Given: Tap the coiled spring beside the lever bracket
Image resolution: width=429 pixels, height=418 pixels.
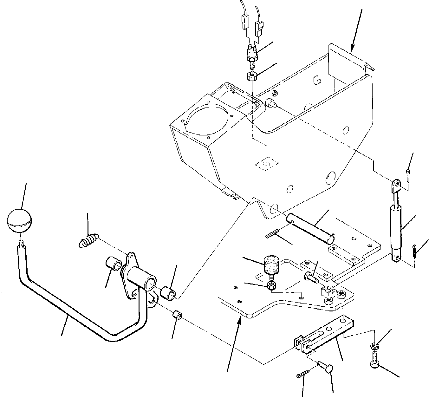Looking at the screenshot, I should point(88,240).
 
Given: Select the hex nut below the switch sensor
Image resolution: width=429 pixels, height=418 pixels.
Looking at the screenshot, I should point(251,76).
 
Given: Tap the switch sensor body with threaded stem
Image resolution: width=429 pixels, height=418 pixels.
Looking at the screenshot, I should point(251,53).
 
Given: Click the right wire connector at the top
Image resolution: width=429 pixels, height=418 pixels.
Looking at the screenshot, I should point(260,27).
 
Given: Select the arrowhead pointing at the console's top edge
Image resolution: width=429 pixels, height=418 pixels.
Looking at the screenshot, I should point(352,49).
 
